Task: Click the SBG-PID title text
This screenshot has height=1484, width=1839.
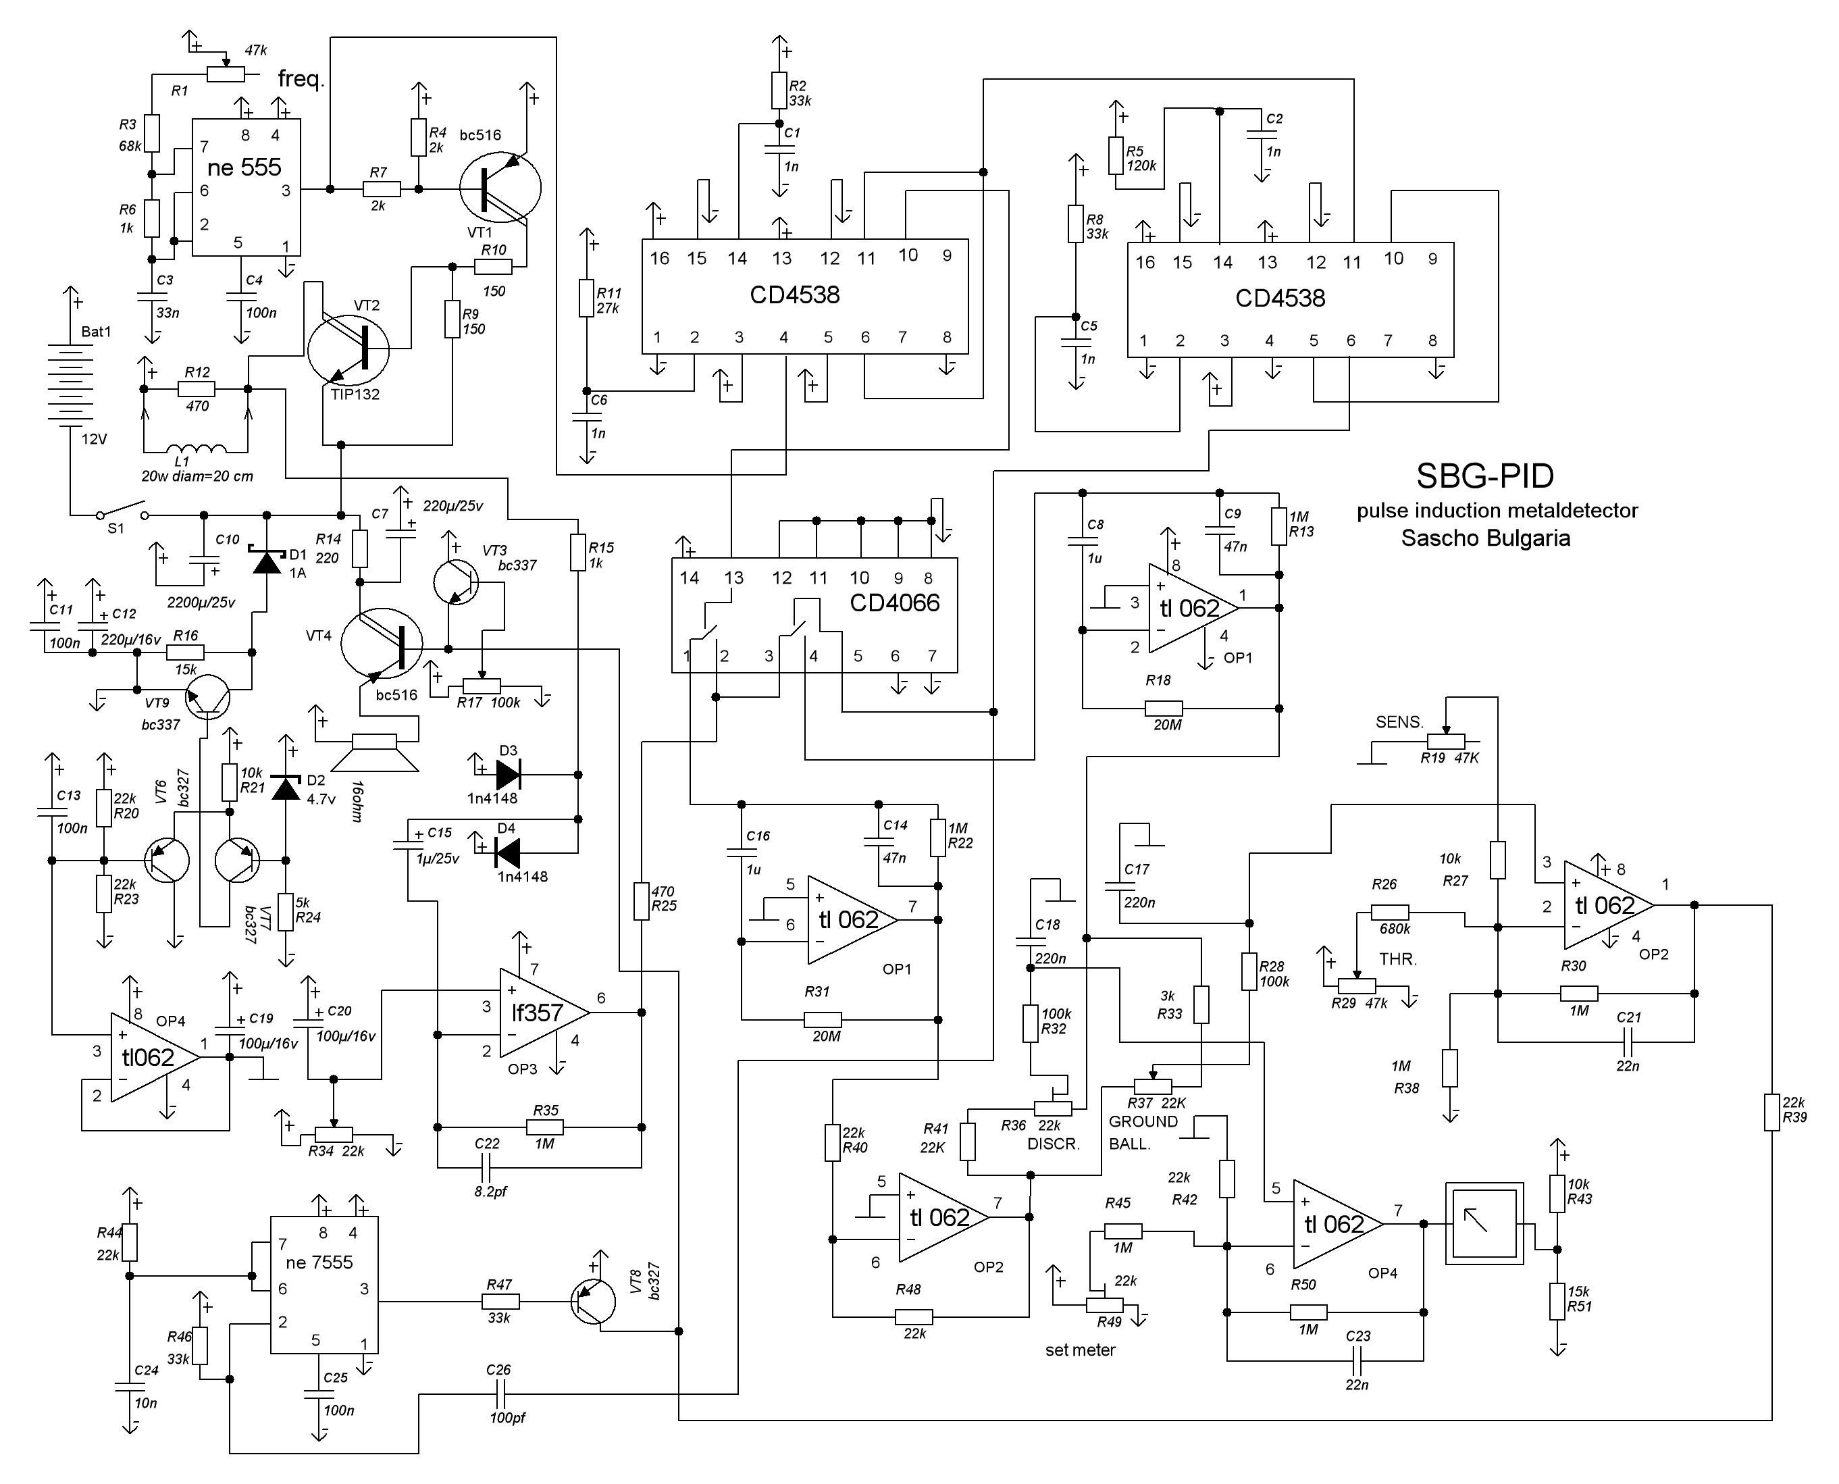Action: (1484, 476)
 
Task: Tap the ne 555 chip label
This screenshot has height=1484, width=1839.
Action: (244, 168)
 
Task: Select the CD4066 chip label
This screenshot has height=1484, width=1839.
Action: (894, 603)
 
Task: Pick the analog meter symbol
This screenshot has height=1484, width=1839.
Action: (1484, 1224)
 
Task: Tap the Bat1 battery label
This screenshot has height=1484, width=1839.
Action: (96, 332)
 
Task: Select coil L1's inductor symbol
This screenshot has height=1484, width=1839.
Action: (197, 450)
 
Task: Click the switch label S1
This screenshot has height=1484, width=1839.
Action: (115, 529)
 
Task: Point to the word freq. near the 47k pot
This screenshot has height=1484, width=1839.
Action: (301, 80)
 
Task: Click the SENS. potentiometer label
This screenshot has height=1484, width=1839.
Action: (1399, 722)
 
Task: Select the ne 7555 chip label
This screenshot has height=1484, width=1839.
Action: (319, 1262)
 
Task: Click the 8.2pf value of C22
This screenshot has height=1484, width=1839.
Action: (490, 1192)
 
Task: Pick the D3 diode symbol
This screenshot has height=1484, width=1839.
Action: (508, 775)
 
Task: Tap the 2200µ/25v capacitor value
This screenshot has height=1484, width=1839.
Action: (201, 603)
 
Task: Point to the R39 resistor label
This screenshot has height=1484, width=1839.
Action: (1794, 1117)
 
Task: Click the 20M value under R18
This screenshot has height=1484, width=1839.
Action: (1167, 725)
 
